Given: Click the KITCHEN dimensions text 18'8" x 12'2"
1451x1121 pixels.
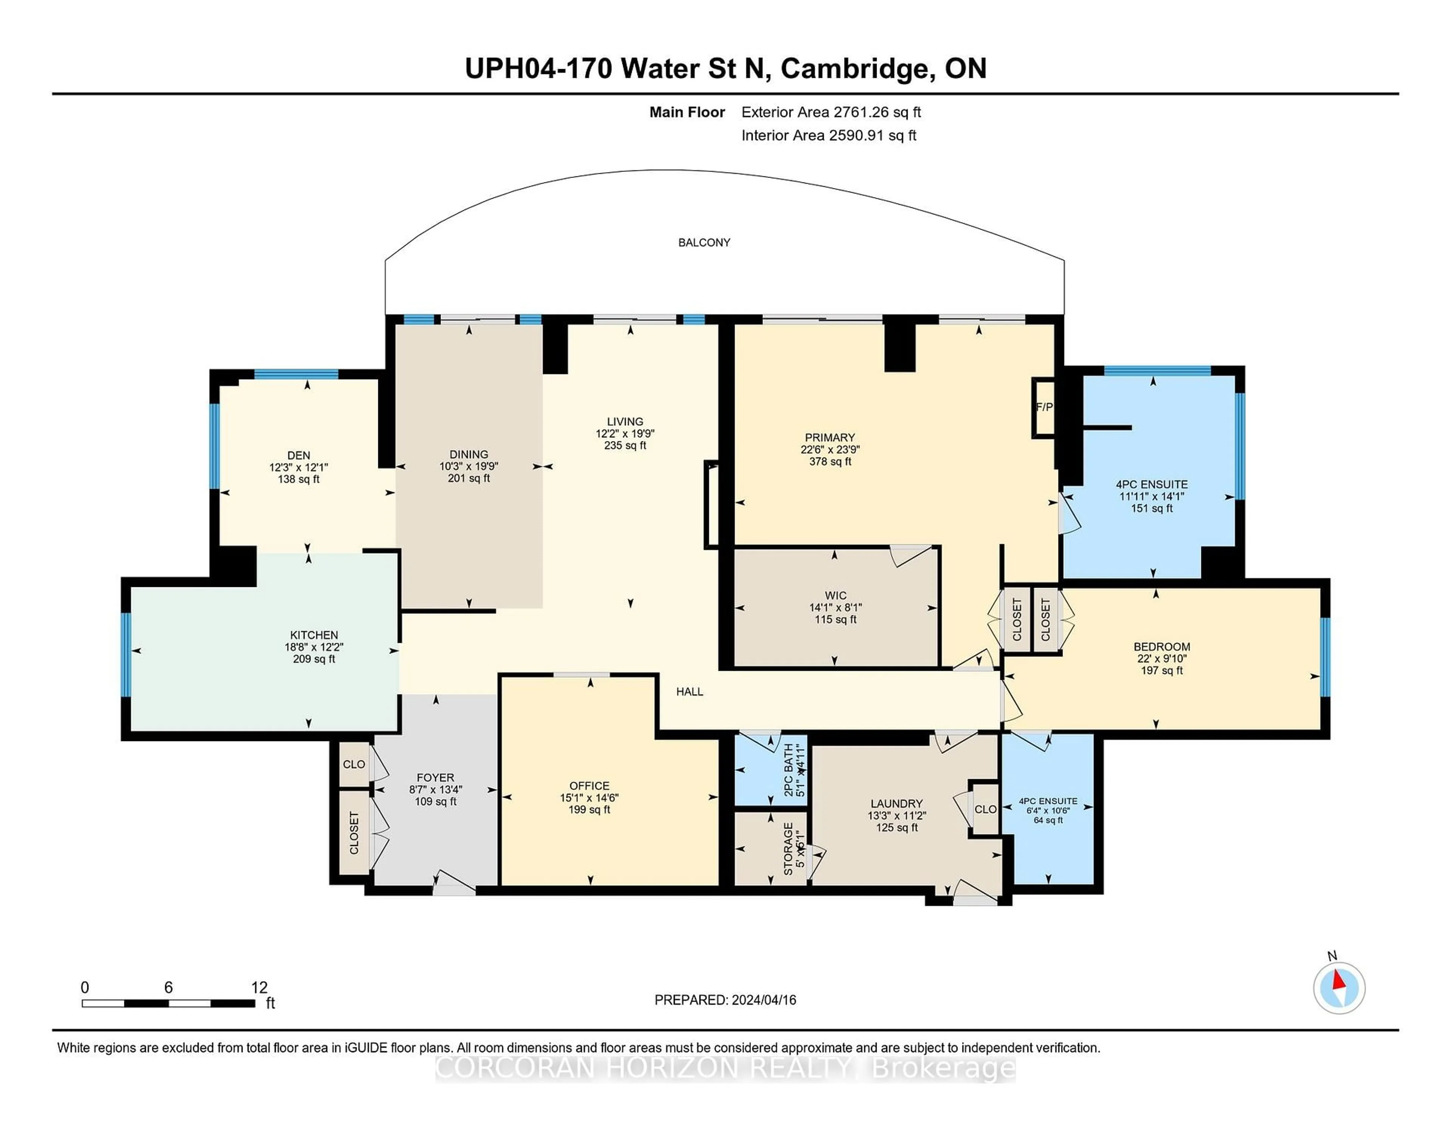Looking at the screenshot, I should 314,647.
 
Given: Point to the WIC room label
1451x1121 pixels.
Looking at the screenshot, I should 835,596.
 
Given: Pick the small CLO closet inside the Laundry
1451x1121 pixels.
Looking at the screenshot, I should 985,809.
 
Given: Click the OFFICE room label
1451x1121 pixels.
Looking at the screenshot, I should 589,786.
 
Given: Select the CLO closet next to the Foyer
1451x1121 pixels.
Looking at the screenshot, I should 353,764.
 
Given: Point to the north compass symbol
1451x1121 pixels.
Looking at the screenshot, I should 1339,988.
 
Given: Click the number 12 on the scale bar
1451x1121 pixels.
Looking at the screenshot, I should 259,988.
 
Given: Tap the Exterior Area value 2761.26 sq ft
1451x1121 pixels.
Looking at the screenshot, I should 877,112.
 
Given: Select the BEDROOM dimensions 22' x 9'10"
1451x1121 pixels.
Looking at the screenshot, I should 1161,659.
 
